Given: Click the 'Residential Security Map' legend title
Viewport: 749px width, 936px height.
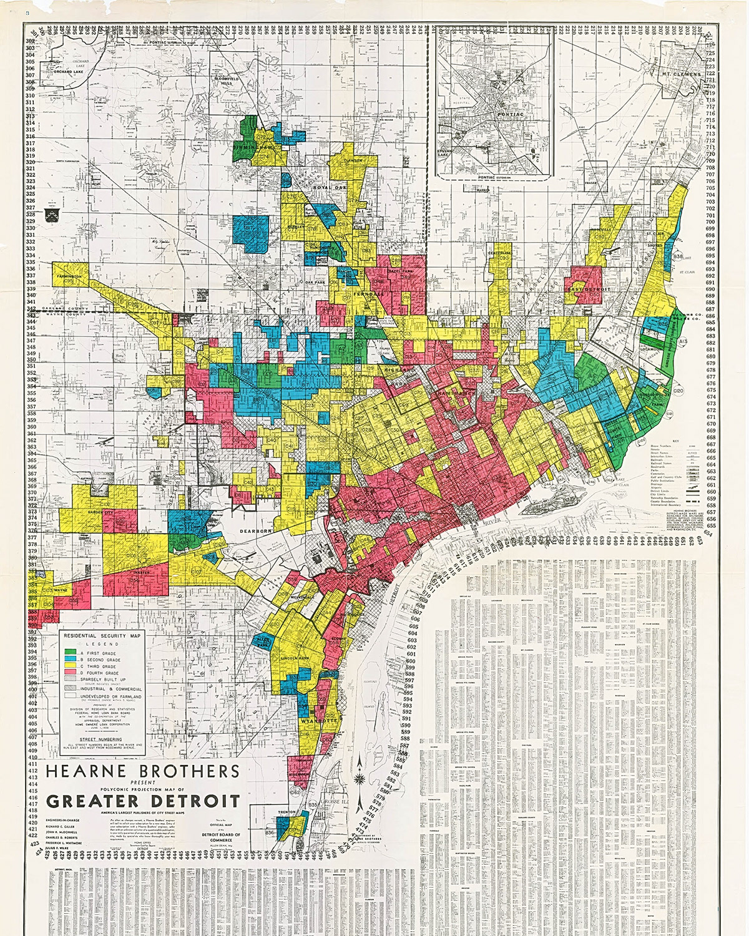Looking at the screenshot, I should pyautogui.click(x=100, y=635).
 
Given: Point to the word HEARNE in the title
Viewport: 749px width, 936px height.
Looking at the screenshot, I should pyautogui.click(x=78, y=771).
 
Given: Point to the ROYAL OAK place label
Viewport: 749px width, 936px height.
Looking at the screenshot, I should pyautogui.click(x=329, y=187).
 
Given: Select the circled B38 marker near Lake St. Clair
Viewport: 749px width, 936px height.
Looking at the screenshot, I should pyautogui.click(x=678, y=256).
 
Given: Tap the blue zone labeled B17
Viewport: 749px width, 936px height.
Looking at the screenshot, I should pyautogui.click(x=248, y=228).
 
